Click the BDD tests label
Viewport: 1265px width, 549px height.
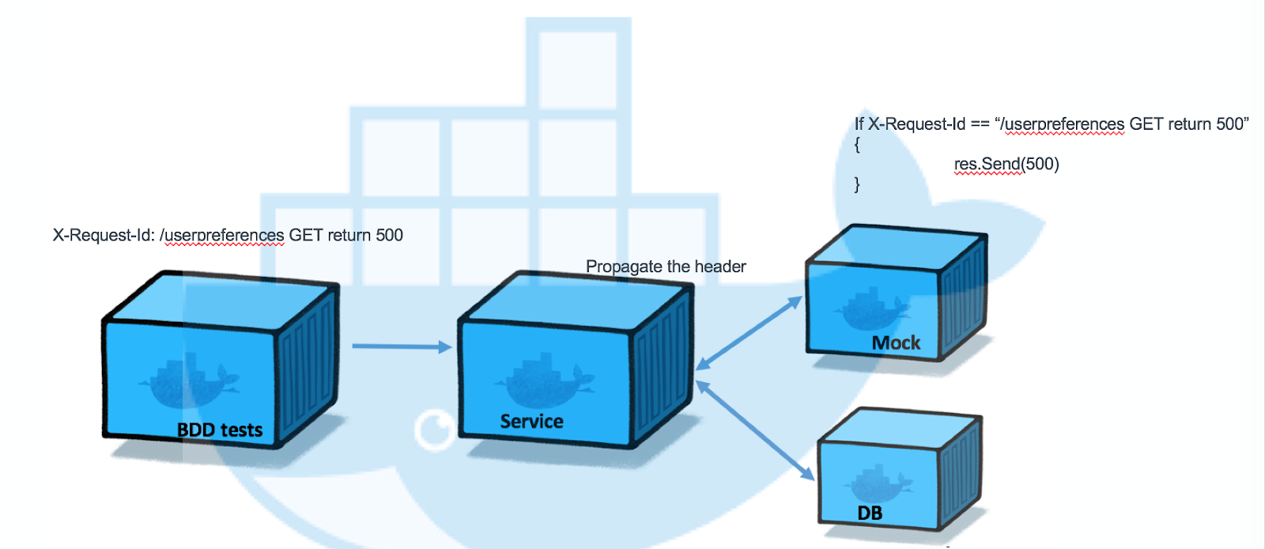pos(220,430)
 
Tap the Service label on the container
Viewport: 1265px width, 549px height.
pos(531,422)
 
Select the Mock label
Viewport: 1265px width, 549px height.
pos(896,343)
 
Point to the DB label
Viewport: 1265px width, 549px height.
pos(870,513)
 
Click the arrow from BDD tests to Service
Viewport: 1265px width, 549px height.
pos(401,346)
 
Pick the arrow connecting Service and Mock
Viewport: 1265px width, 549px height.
pos(749,333)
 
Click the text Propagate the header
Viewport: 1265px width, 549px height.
pos(666,267)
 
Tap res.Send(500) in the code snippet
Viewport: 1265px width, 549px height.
pos(1006,165)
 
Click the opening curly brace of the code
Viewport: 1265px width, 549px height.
pos(857,145)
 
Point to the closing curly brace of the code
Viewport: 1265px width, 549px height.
pos(857,184)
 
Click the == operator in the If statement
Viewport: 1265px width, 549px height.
pos(980,124)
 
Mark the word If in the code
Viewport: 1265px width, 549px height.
pos(859,124)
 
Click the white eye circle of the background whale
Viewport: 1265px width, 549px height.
pos(434,430)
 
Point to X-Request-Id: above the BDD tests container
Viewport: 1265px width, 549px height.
pos(104,235)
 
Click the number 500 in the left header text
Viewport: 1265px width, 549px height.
pos(389,235)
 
